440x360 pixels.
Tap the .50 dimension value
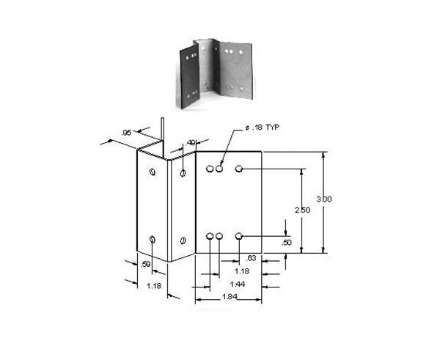[x=287, y=242]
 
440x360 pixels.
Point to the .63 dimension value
[x=252, y=257]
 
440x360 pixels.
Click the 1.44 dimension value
[x=237, y=283]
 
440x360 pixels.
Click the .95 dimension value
[x=125, y=133]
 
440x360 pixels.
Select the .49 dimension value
[x=191, y=142]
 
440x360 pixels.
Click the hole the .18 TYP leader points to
[x=219, y=169]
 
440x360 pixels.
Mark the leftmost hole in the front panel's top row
[x=210, y=169]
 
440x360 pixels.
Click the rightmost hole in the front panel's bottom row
[x=239, y=236]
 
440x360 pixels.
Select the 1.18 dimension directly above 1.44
[x=232, y=271]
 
